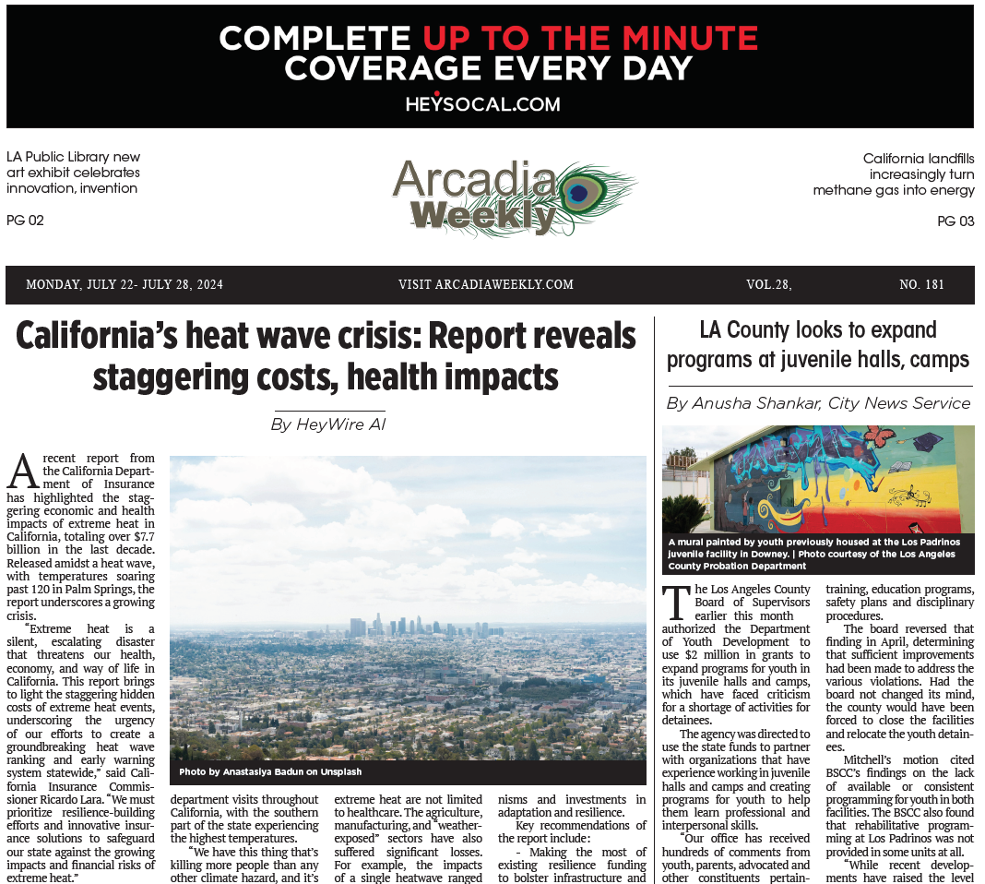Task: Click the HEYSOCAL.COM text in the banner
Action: (x=482, y=103)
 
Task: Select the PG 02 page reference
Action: (x=25, y=221)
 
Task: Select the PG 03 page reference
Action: (x=955, y=221)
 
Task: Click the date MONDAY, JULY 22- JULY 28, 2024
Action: (x=125, y=284)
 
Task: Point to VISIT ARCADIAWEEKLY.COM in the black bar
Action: (x=486, y=284)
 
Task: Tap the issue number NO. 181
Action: (x=921, y=284)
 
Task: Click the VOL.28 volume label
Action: (x=768, y=284)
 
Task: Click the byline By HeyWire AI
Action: (x=328, y=424)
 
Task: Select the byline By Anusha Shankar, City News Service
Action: (x=818, y=403)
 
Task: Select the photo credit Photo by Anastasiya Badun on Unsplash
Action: (x=270, y=771)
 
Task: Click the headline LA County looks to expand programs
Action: (x=817, y=344)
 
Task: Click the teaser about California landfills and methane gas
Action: (x=893, y=174)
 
